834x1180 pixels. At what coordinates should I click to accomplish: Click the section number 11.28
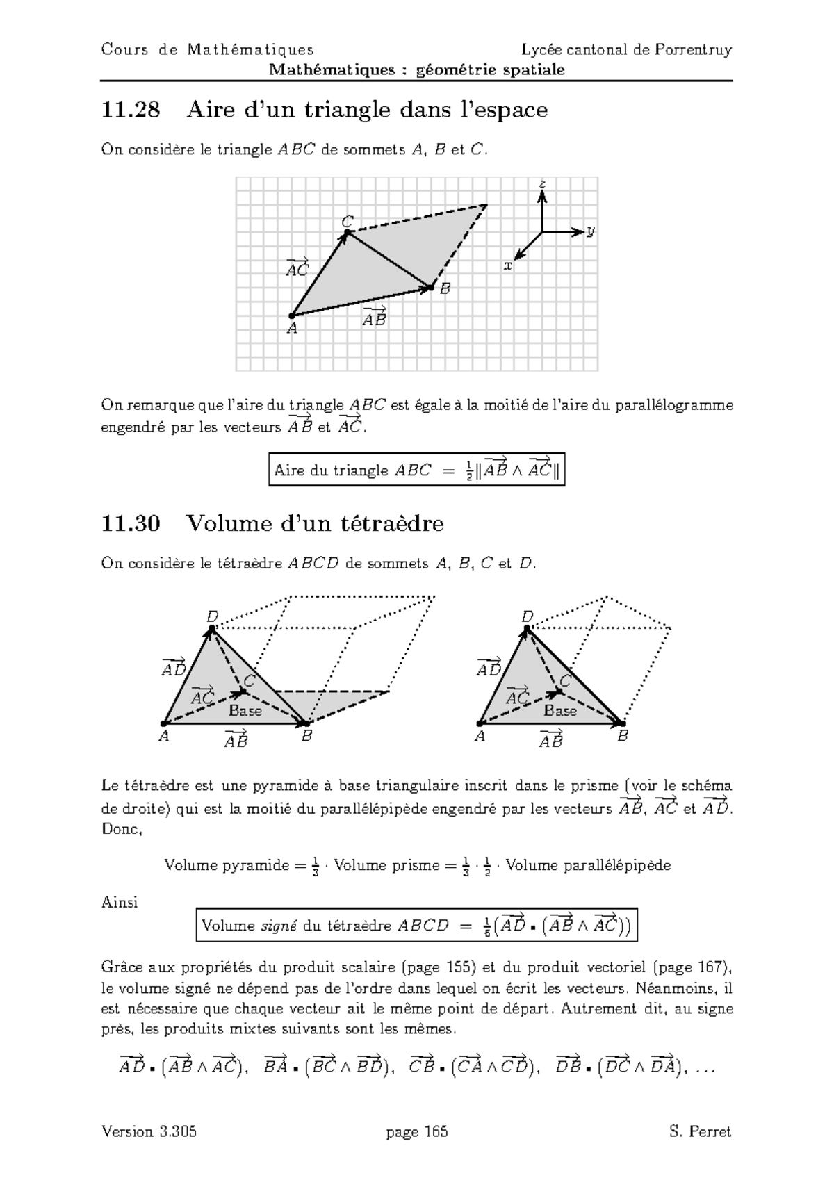pos(130,110)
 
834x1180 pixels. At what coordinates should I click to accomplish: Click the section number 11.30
pos(130,523)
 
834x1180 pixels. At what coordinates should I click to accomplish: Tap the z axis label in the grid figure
pos(542,184)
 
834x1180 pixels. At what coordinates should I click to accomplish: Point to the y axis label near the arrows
pos(590,231)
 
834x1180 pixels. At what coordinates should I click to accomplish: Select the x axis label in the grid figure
pos(508,265)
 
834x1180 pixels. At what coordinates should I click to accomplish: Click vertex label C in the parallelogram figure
pos(347,221)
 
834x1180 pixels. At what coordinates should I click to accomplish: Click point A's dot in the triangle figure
pos(291,316)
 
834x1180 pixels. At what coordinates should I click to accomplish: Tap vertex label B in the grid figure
pos(445,288)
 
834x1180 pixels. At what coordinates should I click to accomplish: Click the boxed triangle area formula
pos(416,470)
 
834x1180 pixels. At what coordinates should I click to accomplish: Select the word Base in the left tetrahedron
pos(245,711)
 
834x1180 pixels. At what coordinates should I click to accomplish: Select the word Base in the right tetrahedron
pos(560,711)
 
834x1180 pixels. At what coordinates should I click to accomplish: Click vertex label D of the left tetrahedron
pos(212,616)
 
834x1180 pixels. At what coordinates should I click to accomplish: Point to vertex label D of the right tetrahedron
pos(528,616)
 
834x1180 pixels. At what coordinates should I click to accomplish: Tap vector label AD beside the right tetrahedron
pos(489,668)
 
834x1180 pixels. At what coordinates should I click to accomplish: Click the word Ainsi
pos(120,903)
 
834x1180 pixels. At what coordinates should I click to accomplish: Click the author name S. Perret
pos(701,1132)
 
